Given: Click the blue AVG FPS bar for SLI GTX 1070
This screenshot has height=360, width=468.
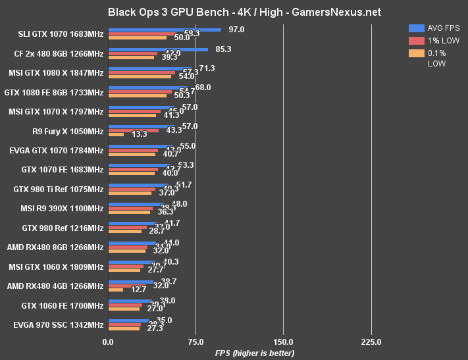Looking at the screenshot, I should (x=165, y=30).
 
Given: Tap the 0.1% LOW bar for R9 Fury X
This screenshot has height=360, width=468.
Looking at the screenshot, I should (x=116, y=134).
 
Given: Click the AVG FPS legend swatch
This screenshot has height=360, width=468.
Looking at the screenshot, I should (x=416, y=28).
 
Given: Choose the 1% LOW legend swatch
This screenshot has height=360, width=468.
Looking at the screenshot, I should (x=416, y=40).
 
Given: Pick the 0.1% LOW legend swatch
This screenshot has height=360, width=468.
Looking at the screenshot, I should (x=416, y=53).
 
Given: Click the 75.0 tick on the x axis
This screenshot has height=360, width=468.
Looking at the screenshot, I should (x=195, y=342).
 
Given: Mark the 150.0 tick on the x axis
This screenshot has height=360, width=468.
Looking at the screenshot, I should (x=283, y=342).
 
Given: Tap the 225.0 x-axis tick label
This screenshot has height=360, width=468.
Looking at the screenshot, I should (x=371, y=342).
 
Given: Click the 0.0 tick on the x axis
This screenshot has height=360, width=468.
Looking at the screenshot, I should (x=109, y=342).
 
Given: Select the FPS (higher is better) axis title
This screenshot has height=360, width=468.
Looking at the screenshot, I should (x=255, y=353).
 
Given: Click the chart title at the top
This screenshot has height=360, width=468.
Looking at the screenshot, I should (x=234, y=12).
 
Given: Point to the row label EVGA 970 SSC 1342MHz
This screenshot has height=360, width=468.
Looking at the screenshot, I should (x=59, y=324).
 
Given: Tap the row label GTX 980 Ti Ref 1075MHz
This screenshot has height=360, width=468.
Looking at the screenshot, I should (x=59, y=190).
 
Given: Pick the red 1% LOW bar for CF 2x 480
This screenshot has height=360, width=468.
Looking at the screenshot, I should (x=133, y=53).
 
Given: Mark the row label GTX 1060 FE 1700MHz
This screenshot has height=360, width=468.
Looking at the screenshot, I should (x=63, y=305).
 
